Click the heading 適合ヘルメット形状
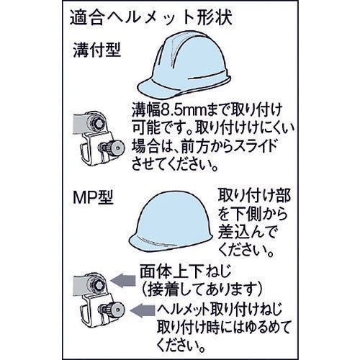click(151, 19)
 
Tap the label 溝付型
click(97, 50)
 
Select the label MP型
click(93, 197)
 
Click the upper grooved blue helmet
click(184, 64)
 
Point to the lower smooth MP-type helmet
click(171, 221)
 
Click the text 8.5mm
click(179, 111)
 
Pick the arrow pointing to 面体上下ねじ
click(123, 280)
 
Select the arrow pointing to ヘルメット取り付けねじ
click(143, 310)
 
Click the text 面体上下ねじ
click(186, 271)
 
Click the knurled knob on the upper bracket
click(115, 148)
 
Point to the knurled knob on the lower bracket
click(115, 310)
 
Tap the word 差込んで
click(247, 232)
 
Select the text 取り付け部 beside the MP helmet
click(254, 195)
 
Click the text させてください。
click(175, 164)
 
